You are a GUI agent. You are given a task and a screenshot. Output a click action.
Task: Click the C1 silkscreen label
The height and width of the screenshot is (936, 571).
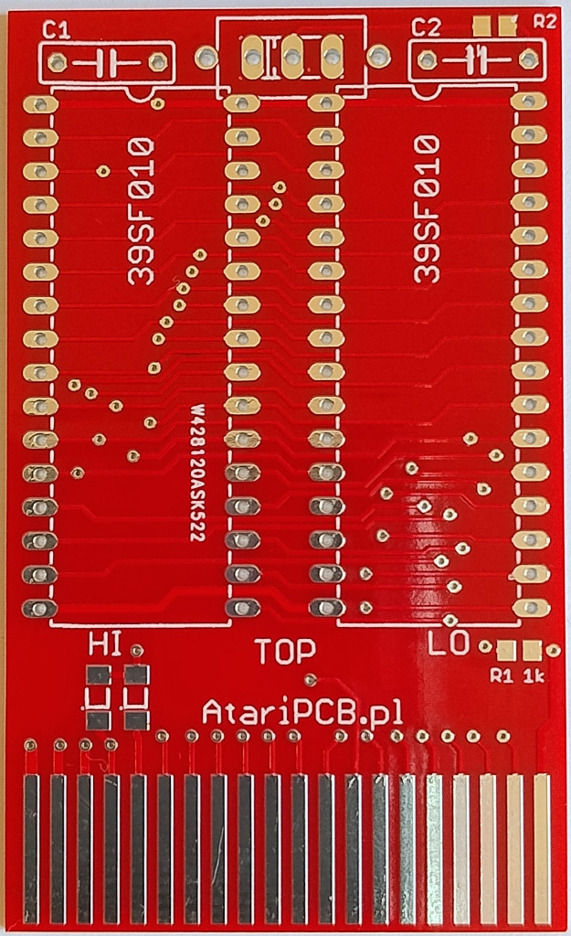click(56, 31)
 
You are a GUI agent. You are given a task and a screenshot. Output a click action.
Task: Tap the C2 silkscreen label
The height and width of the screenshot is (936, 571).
click(426, 28)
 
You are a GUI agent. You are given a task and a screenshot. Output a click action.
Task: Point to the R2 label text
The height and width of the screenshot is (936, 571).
click(545, 22)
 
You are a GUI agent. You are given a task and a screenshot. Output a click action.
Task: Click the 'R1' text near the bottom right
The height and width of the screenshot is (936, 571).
click(501, 676)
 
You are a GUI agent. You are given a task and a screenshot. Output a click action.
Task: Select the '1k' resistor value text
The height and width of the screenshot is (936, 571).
click(534, 676)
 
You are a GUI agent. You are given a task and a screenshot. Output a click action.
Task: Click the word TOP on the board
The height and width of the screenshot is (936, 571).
click(285, 651)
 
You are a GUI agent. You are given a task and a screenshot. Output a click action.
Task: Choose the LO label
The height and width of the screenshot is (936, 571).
click(449, 644)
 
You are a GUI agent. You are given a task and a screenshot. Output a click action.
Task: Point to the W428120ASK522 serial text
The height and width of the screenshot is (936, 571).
click(196, 475)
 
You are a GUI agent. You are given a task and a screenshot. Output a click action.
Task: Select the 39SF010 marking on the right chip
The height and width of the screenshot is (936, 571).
click(427, 209)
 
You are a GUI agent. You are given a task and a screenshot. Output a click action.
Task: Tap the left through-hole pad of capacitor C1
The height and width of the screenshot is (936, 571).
click(58, 62)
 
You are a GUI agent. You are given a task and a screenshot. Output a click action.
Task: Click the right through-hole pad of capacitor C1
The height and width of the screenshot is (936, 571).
click(157, 62)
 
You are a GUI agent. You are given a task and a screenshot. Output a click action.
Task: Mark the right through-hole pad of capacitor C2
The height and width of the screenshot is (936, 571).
click(526, 59)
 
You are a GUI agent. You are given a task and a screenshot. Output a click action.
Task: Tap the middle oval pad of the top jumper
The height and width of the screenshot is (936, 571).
click(291, 57)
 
